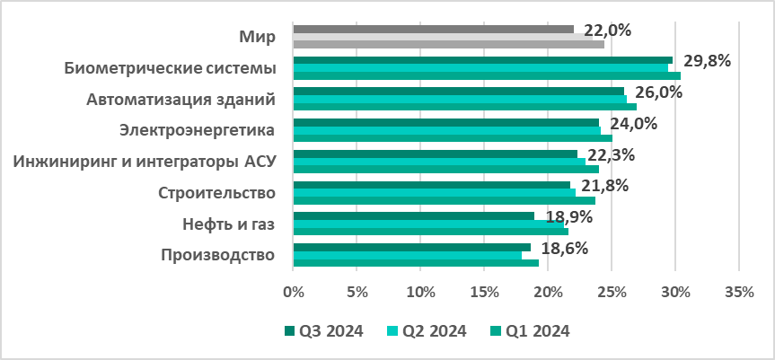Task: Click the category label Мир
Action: [257, 37]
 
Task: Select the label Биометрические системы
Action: [170, 68]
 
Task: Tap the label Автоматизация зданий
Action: [181, 99]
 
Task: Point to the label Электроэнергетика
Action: [197, 130]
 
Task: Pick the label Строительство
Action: [216, 192]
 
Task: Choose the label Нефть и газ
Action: [228, 224]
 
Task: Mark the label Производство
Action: [216, 255]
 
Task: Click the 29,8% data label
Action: [708, 61]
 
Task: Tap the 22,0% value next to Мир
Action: [608, 30]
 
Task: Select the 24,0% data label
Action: [633, 124]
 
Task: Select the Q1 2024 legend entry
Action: [529, 330]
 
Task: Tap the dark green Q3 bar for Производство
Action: [412, 247]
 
